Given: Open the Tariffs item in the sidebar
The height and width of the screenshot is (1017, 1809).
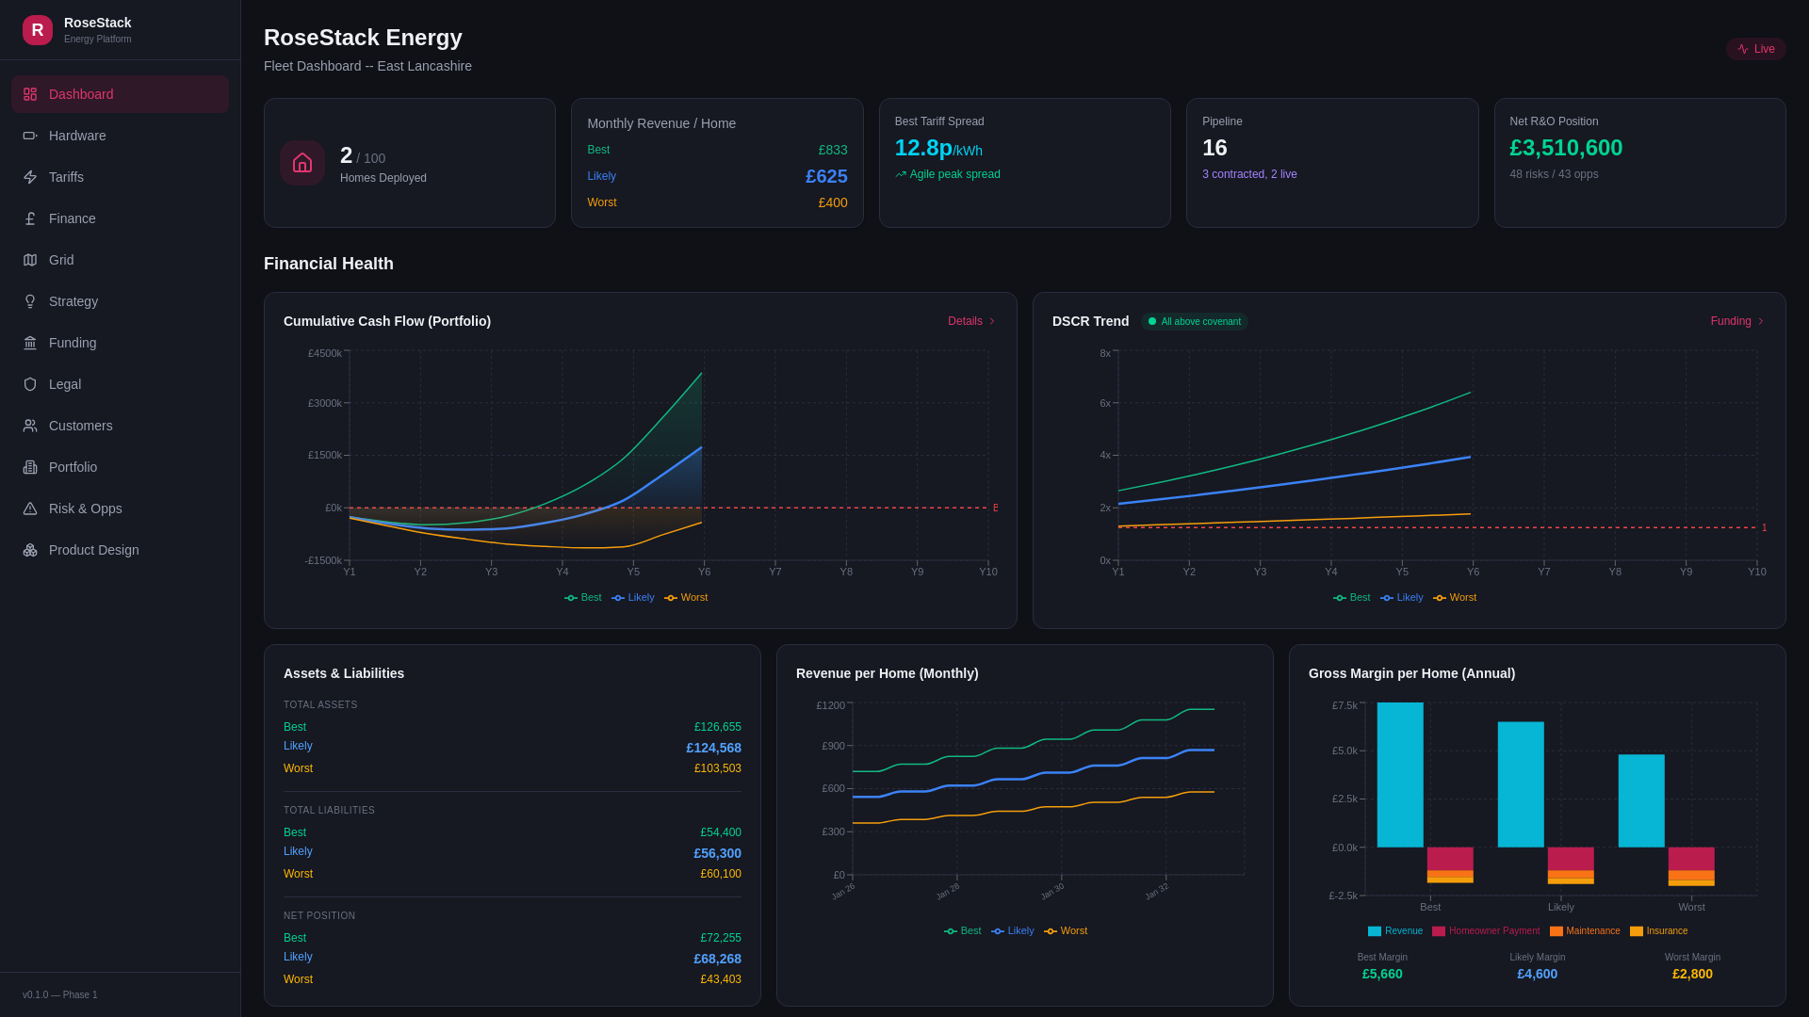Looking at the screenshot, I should tap(66, 177).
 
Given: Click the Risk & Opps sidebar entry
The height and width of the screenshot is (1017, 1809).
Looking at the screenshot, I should tap(85, 508).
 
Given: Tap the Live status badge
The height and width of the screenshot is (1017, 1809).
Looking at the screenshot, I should tap(1756, 49).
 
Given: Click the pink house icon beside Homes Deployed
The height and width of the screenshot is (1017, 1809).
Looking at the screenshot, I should tap(302, 163).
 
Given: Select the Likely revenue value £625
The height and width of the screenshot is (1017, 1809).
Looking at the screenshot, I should tap(826, 176).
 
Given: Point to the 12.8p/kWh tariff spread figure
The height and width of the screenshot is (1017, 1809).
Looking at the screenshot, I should tap(937, 148).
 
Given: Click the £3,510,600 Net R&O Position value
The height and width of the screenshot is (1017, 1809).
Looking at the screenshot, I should tap(1566, 148).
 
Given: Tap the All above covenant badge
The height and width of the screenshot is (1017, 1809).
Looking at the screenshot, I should tap(1195, 322).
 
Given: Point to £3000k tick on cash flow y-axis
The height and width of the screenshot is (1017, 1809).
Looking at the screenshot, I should tap(325, 403).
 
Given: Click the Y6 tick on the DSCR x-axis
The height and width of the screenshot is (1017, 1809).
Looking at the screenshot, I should tap(1473, 572).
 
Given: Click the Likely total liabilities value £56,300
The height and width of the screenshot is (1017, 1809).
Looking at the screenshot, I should tap(717, 853).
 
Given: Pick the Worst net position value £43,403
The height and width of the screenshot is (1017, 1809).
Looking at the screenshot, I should tap(720, 979).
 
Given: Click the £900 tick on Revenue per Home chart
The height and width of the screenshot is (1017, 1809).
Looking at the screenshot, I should tap(833, 746).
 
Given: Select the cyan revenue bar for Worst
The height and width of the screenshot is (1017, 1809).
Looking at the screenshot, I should tap(1641, 800).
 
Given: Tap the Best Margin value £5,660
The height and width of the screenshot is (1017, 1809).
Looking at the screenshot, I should tap(1382, 974).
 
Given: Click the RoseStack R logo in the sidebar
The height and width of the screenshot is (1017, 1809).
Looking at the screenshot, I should tap(38, 30).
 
